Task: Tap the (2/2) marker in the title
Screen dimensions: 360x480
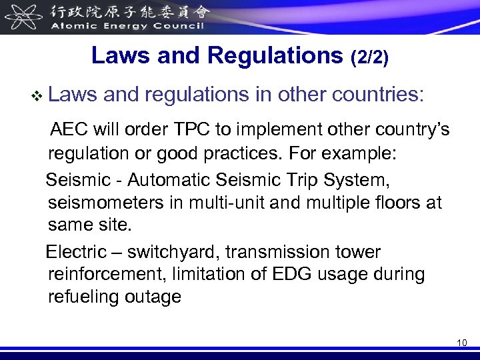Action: click(x=369, y=57)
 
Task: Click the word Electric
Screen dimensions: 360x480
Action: click(x=76, y=252)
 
